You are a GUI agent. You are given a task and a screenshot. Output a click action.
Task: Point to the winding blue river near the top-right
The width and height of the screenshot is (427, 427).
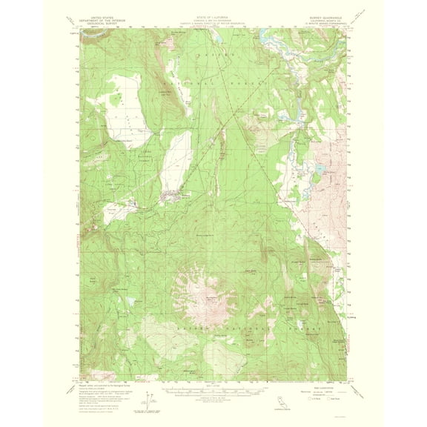pyautogui.click(x=285, y=46)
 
